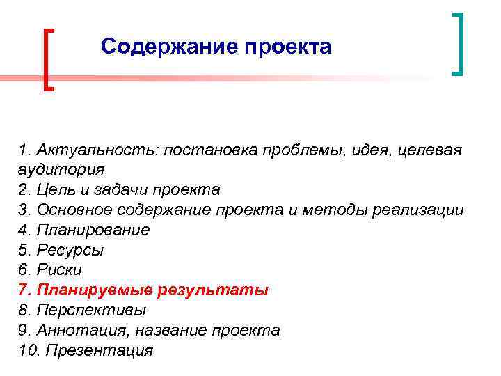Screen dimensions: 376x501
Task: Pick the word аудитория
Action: coord(62,170)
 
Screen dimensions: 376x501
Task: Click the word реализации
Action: coord(417,210)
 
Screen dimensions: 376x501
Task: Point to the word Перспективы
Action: coord(91,310)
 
